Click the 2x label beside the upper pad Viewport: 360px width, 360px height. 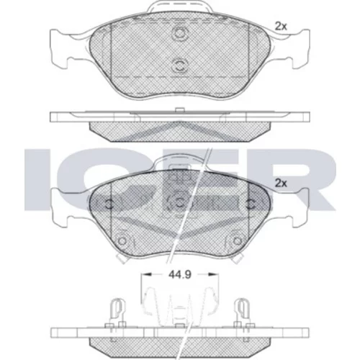pyautogui.click(x=281, y=26)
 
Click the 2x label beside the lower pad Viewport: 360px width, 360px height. pyautogui.click(x=281, y=184)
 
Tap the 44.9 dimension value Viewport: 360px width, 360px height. pyautogui.click(x=180, y=274)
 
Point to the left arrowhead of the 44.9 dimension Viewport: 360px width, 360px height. pyautogui.click(x=146, y=274)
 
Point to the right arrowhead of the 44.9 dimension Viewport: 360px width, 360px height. pyautogui.click(x=213, y=274)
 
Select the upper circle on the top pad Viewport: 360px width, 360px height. pyautogui.click(x=179, y=33)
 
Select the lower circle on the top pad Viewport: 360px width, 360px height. pyautogui.click(x=179, y=65)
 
